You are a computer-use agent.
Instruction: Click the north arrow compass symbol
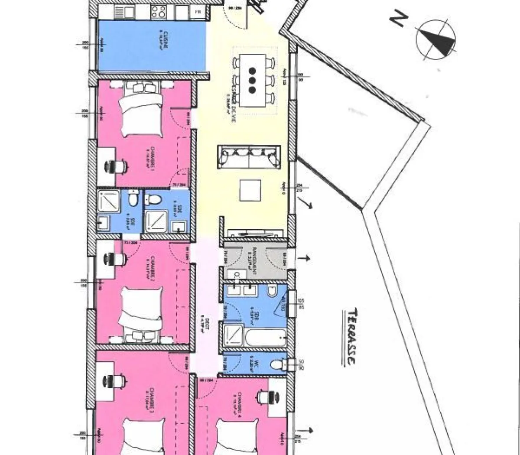coord(435,40)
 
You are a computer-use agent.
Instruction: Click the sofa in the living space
coord(248,157)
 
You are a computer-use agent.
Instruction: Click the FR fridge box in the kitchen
coord(198,12)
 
